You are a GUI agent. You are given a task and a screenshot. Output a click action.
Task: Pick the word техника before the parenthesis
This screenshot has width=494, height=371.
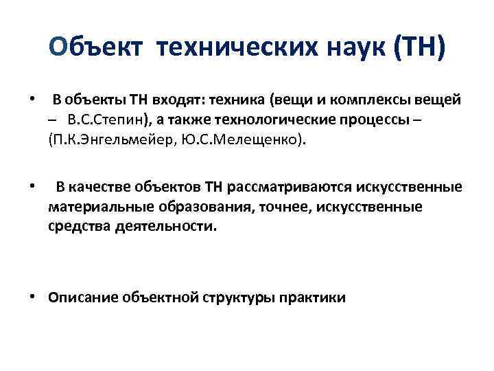click(x=234, y=100)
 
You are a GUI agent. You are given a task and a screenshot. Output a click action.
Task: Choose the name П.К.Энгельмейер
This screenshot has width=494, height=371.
click(x=110, y=142)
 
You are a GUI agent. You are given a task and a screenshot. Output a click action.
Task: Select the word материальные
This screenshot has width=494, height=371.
click(x=95, y=207)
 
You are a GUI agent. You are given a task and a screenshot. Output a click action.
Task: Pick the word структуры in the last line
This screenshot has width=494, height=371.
click(x=239, y=297)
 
